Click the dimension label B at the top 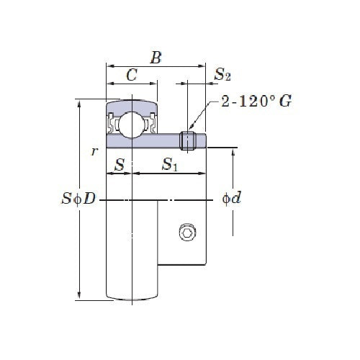155,58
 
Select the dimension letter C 132,75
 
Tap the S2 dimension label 222,74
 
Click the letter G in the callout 285,102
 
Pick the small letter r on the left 94,151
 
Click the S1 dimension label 170,165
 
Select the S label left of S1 120,165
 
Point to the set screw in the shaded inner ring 189,140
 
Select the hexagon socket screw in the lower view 187,232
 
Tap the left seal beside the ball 113,124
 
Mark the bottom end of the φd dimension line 233,235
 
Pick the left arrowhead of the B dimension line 109,66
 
